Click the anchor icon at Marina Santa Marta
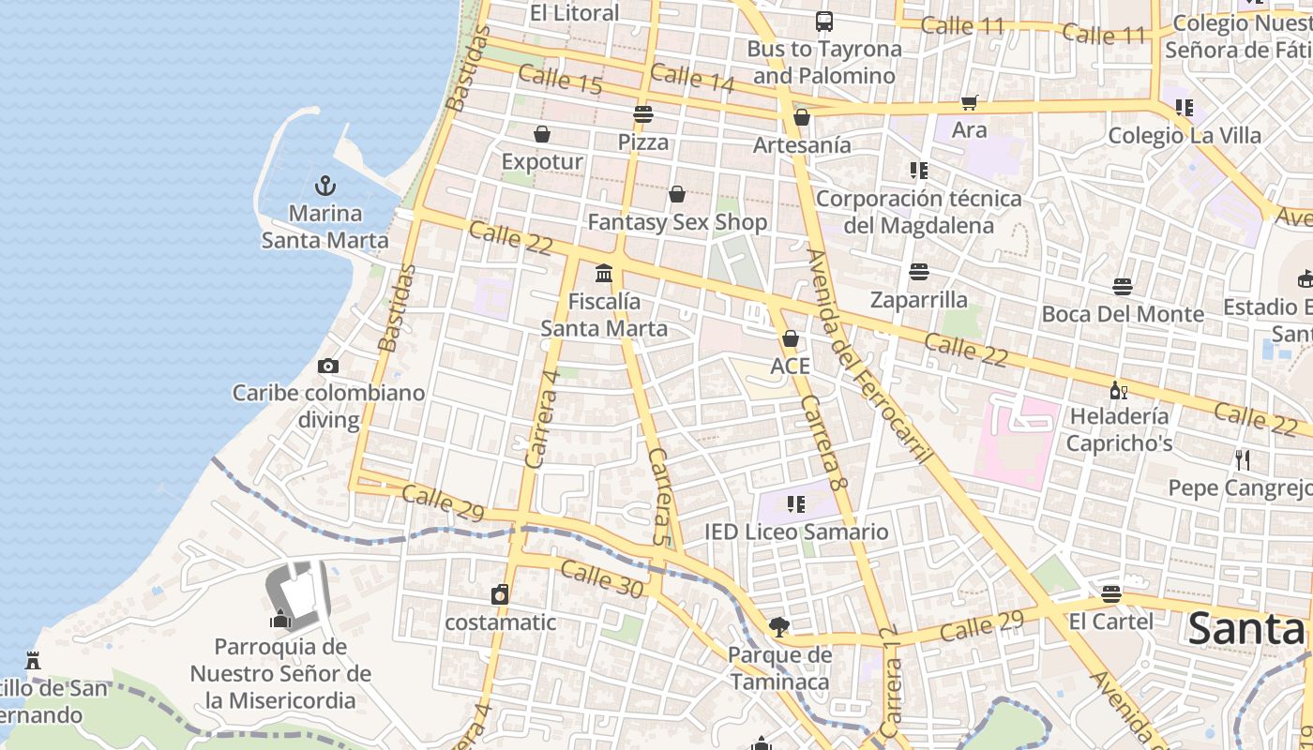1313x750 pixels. point(325,185)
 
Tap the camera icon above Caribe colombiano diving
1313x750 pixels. point(327,366)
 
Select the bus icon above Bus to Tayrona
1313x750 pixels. point(823,21)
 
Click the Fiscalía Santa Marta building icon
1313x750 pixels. point(604,274)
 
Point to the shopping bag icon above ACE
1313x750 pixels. point(791,338)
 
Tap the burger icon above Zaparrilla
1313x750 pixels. point(919,272)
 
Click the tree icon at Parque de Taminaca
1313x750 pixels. point(777,626)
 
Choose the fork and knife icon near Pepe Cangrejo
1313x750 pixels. point(1243,459)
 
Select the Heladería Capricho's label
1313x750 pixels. point(1119,429)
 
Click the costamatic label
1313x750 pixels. point(500,622)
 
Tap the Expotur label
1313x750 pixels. point(542,161)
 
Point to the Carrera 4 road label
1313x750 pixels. point(543,418)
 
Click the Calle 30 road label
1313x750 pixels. point(602,579)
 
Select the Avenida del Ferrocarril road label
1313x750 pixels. point(869,356)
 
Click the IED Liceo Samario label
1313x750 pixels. point(796,532)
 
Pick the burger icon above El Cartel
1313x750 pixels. point(1111,593)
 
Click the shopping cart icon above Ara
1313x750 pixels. point(969,102)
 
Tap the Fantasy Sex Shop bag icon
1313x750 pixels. point(677,194)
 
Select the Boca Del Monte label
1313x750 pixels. point(1123,313)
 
